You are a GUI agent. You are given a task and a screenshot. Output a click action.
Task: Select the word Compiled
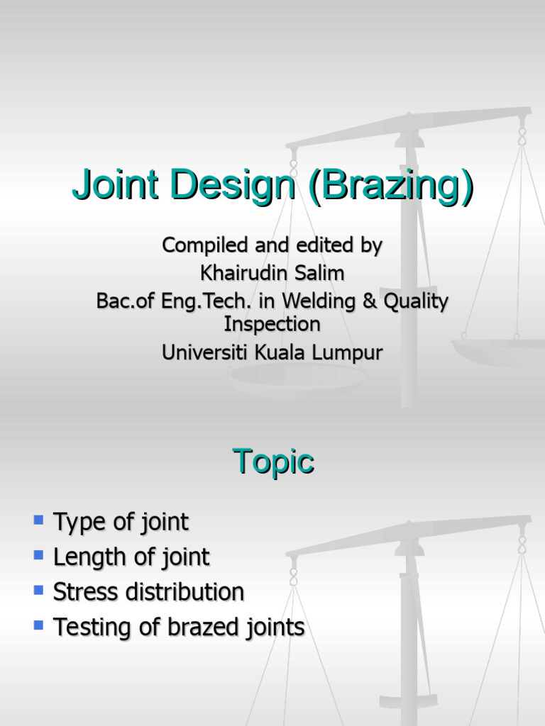(x=204, y=246)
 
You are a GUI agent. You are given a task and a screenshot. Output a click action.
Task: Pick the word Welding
(x=318, y=301)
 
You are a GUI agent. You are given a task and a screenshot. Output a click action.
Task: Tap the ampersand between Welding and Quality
(x=369, y=301)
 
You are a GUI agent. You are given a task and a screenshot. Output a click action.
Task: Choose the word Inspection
(x=272, y=324)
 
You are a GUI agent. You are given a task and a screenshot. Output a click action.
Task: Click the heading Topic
(x=272, y=462)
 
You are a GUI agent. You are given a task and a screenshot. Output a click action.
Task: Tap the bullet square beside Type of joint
(x=38, y=520)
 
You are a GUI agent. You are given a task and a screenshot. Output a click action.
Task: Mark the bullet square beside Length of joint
(x=38, y=555)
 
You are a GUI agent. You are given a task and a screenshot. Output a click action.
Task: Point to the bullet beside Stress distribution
(x=38, y=590)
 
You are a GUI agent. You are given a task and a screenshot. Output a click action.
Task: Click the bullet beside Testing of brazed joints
(x=38, y=625)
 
